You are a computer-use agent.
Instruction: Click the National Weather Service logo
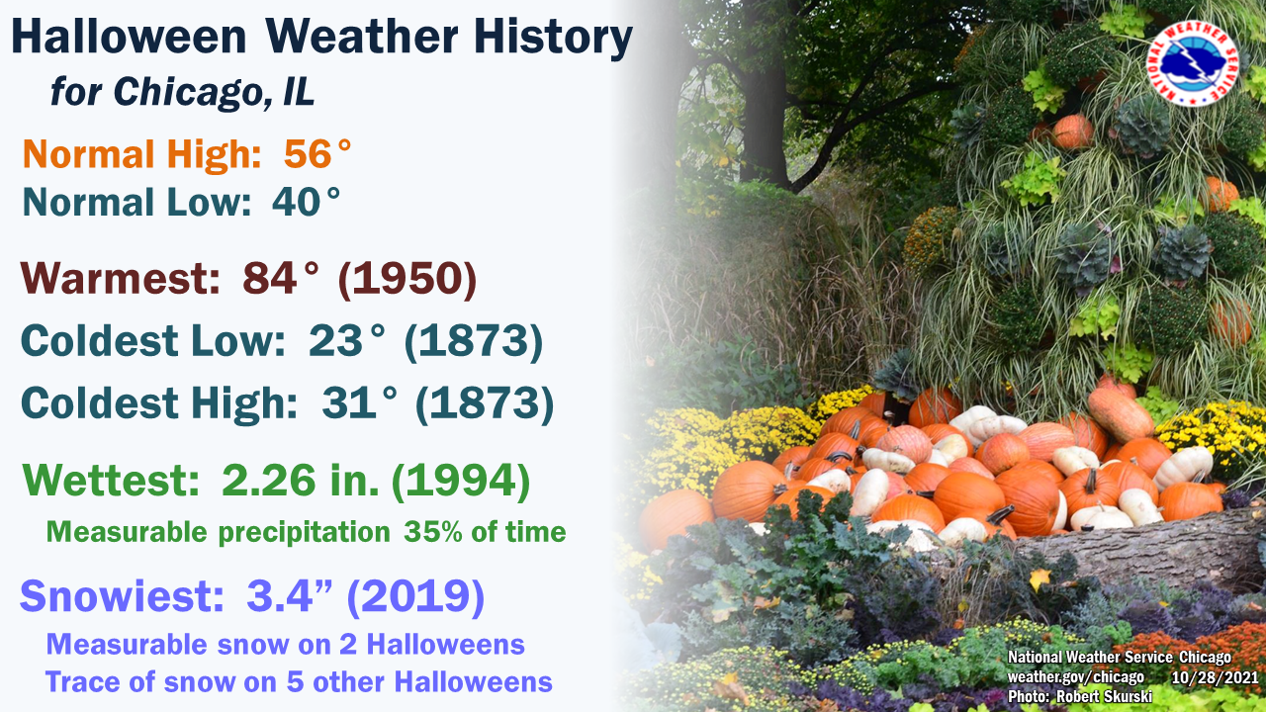point(1193,63)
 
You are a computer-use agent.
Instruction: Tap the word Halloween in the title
point(129,37)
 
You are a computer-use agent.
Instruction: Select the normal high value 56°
point(317,153)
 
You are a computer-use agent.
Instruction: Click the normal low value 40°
point(306,203)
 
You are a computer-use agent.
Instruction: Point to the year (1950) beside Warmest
point(407,279)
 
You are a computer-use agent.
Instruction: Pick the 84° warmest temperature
point(281,278)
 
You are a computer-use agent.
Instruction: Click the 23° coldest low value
point(347,341)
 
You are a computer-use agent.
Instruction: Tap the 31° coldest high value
point(359,402)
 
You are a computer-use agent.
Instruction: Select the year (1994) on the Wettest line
point(461,481)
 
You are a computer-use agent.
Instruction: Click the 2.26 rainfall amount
point(268,481)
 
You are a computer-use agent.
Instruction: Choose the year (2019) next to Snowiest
point(415,596)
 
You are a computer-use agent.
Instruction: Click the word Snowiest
point(122,596)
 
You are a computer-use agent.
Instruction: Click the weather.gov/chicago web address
point(1076,676)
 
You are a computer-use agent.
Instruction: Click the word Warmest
point(120,279)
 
